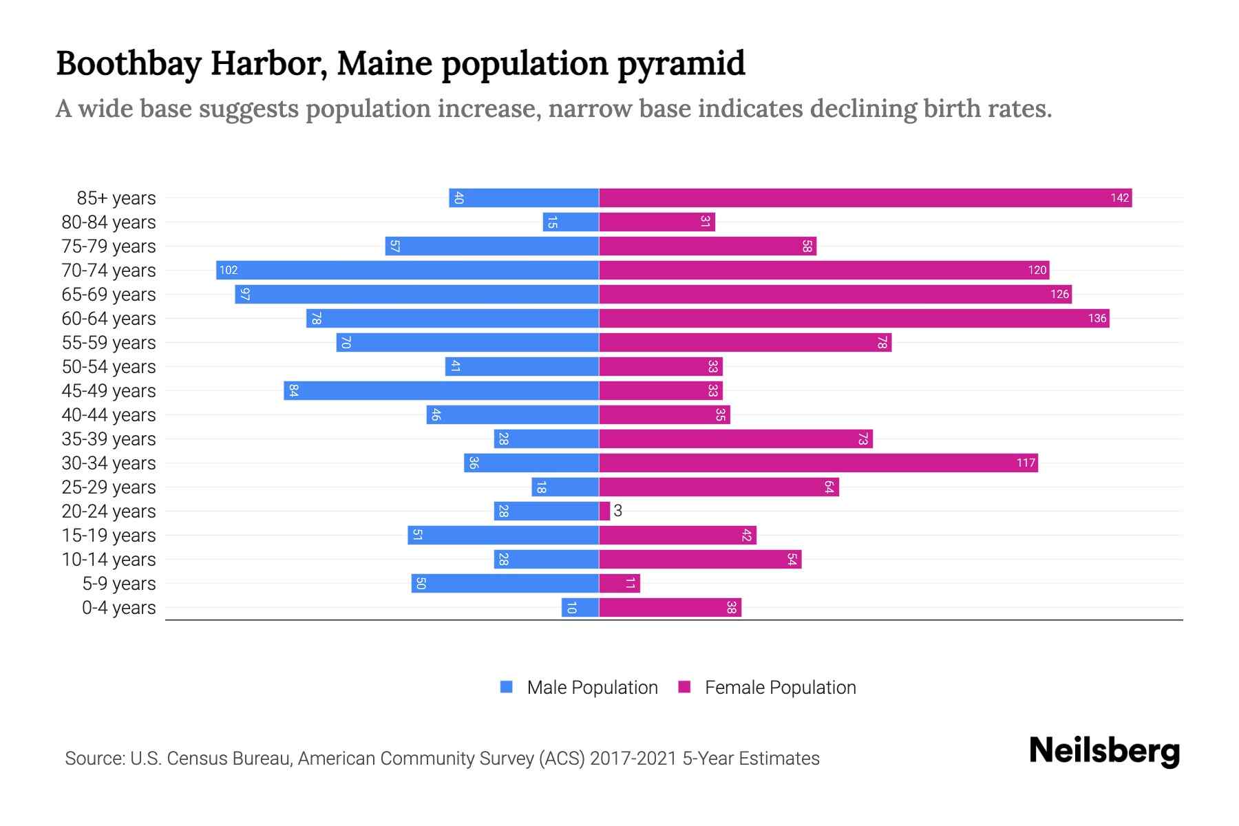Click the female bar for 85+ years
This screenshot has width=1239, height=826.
(865, 198)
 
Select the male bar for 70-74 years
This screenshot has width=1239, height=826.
(407, 271)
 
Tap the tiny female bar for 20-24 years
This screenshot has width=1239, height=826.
(604, 511)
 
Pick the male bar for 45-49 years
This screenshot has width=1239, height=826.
(441, 391)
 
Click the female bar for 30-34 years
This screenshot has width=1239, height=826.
(818, 463)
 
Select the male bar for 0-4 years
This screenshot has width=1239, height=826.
(580, 608)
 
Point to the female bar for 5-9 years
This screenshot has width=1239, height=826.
(619, 584)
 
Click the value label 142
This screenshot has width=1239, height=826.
(1119, 198)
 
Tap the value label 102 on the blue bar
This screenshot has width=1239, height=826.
(229, 271)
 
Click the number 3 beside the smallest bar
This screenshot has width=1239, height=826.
(618, 511)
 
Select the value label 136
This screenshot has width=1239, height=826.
(1097, 319)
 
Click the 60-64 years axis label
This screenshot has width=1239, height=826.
(109, 319)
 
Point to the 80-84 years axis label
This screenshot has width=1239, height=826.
(109, 222)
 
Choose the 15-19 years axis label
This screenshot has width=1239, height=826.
(109, 536)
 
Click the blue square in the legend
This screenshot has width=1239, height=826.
(507, 687)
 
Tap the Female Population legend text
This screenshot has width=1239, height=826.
(780, 688)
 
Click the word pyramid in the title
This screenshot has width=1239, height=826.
(681, 64)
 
